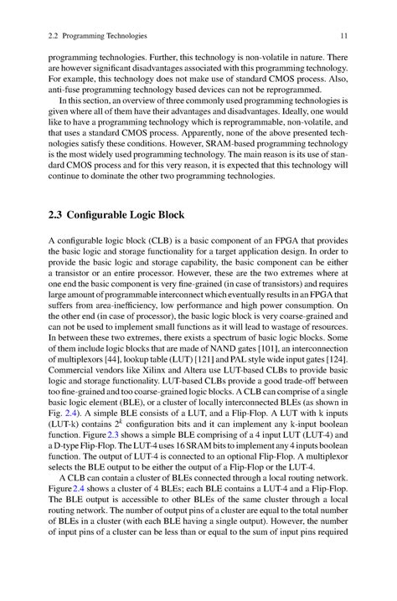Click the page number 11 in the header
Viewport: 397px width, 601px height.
tap(344, 36)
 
